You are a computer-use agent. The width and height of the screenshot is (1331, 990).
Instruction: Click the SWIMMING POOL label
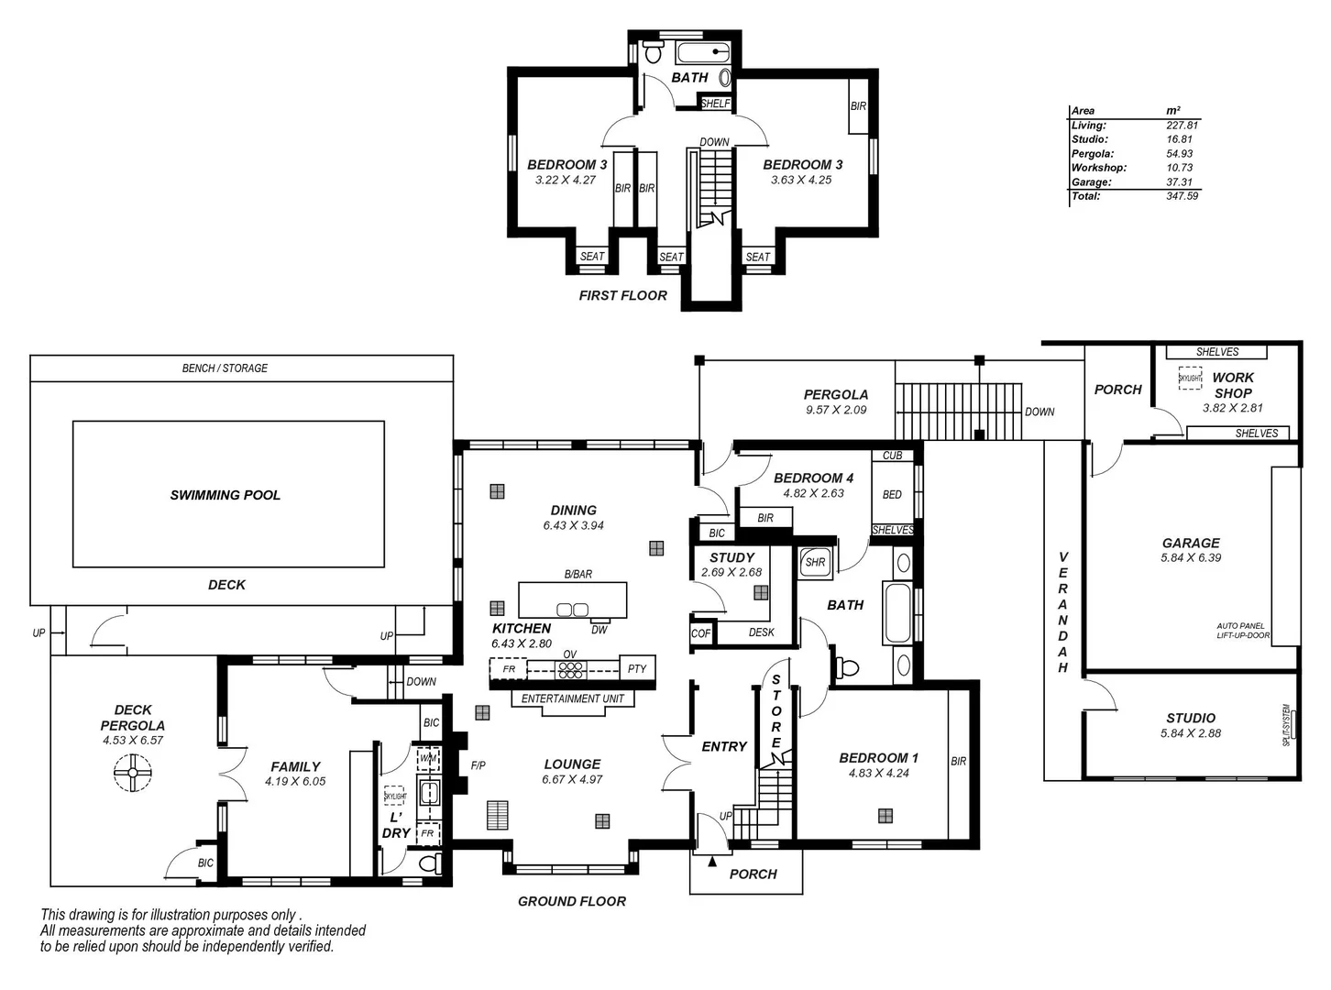pos(225,495)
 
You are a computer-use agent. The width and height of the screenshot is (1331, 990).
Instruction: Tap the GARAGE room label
pos(1191,543)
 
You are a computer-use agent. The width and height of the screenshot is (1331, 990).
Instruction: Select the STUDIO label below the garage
pos(1191,718)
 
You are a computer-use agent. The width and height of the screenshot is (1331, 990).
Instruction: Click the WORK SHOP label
pos(1232,385)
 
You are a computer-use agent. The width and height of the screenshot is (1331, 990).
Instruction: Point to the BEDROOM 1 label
pos(878,758)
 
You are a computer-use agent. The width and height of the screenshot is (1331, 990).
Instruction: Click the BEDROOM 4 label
pos(813,478)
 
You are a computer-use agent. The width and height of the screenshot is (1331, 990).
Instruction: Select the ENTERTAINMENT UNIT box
pos(573,698)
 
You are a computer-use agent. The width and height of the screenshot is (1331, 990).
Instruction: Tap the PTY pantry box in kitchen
pos(637,669)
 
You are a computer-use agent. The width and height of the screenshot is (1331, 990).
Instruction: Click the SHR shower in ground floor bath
pos(815,563)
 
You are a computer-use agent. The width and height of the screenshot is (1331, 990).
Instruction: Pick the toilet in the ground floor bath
pos(846,667)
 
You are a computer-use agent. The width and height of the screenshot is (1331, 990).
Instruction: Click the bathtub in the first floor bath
pos(703,52)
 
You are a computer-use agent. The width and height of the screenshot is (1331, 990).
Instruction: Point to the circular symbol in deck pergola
pos(132,773)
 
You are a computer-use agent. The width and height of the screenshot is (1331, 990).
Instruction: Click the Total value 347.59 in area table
pos(1182,196)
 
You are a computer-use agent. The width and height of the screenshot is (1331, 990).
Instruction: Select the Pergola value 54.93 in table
pos(1180,154)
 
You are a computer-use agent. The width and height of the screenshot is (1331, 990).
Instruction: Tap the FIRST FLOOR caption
pos(623,295)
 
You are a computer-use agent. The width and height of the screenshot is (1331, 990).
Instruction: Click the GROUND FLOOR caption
pos(572,901)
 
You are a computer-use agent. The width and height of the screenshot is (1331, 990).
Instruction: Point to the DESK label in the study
pos(761,632)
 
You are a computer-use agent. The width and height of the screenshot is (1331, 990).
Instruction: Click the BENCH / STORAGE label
pos(225,368)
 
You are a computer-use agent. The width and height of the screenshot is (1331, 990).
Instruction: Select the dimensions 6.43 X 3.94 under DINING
pos(573,526)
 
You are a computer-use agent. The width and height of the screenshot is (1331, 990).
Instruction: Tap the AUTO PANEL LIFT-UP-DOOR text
pos(1243,631)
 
